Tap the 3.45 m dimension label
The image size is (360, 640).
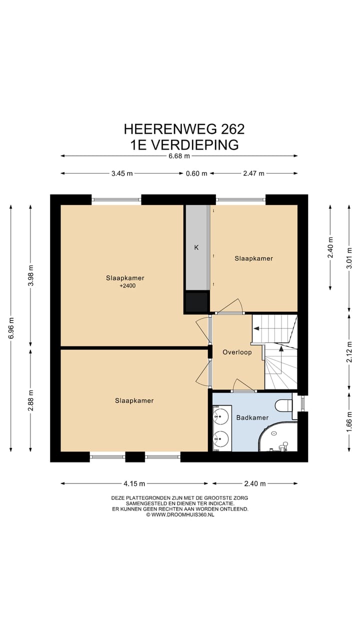122,173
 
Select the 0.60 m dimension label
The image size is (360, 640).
196,173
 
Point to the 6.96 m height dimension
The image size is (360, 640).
11,328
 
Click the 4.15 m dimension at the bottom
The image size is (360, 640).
134,483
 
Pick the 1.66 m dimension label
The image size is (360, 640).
349,421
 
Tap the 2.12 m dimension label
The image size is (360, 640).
349,352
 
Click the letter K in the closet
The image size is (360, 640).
196,247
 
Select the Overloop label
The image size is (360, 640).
237,352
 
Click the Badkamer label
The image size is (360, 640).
252,417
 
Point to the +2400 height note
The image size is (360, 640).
127,285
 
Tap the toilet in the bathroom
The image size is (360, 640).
283,405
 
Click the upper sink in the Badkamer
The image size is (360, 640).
221,416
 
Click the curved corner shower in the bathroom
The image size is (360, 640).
277,437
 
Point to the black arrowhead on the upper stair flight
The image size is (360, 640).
256,328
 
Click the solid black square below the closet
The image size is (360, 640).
196,301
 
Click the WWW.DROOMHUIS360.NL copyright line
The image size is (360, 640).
180,514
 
